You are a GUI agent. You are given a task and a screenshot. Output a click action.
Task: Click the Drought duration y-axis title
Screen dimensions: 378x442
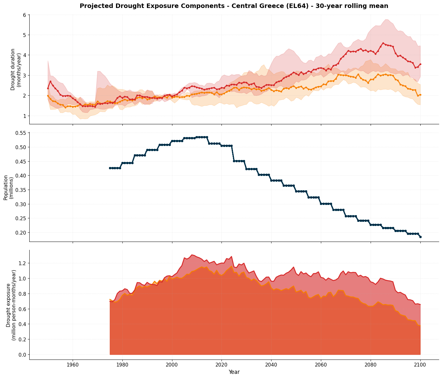click(16, 69)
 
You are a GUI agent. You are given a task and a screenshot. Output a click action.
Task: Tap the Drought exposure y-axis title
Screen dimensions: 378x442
click(11, 305)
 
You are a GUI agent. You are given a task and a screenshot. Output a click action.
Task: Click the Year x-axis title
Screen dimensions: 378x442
click(234, 372)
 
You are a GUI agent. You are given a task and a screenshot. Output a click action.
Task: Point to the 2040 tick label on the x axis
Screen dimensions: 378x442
click(271, 365)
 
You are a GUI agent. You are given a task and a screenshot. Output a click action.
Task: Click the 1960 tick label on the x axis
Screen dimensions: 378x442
click(73, 365)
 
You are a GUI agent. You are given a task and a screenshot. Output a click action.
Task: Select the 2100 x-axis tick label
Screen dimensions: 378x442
click(420, 365)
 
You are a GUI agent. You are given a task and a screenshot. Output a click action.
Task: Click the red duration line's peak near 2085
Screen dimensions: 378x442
click(383, 43)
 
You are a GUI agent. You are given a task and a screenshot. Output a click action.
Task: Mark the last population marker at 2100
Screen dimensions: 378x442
click(420, 237)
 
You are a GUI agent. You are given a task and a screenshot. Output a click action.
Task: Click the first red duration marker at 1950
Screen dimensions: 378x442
click(48, 88)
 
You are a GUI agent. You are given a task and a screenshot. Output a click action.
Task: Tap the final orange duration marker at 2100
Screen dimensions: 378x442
click(420, 95)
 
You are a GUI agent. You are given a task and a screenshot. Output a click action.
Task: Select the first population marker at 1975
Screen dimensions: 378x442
click(110, 168)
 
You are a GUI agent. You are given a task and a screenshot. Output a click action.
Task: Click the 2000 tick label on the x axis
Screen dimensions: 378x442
click(172, 365)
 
